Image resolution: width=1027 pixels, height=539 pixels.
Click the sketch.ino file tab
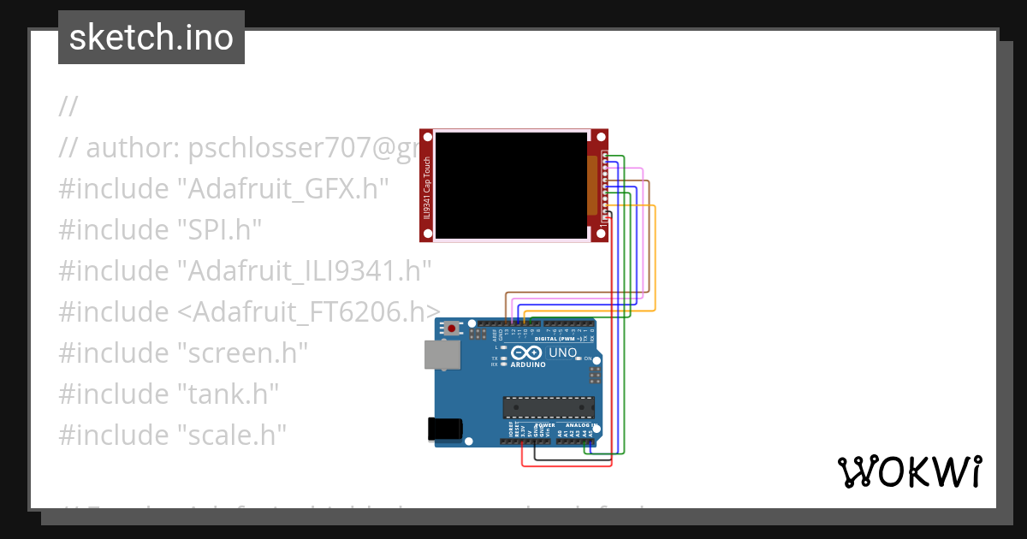click(151, 38)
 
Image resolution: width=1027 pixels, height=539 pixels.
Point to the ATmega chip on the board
click(548, 410)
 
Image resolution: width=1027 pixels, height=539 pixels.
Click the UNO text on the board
click(562, 352)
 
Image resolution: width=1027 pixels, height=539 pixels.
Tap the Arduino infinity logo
click(528, 352)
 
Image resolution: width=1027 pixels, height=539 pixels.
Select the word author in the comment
click(130, 147)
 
